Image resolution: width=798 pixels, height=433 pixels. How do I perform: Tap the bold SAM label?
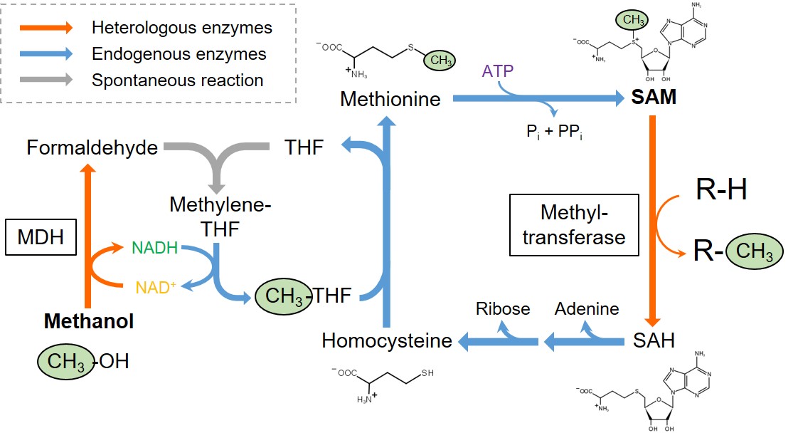653,98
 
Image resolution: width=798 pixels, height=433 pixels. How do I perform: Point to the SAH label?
653,340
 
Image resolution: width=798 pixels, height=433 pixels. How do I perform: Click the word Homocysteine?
387,340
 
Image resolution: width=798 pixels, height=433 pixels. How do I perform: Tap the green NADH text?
156,249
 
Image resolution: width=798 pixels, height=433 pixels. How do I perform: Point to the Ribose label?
504,308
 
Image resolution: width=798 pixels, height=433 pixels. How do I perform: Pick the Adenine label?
587,308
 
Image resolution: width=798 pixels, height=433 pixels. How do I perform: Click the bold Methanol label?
89,322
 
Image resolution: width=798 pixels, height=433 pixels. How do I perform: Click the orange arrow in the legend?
46,28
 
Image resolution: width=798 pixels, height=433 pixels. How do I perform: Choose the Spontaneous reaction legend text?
178,80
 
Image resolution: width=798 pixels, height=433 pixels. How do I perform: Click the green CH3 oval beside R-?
754,252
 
